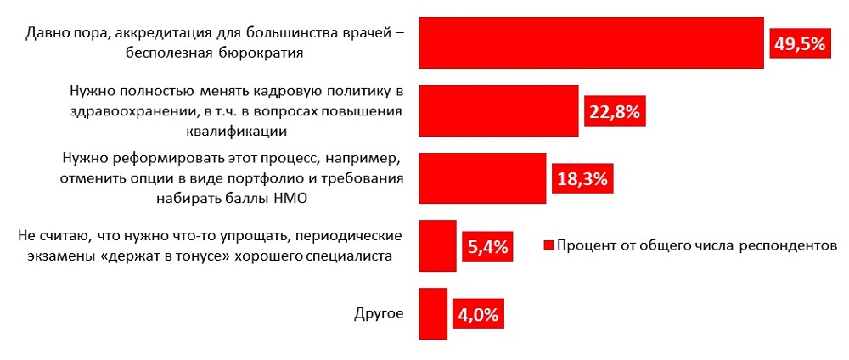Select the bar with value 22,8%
pyautogui.click(x=499, y=110)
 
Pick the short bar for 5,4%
pyautogui.click(x=438, y=245)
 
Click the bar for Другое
pyautogui.click(x=434, y=313)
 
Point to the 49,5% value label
pyautogui.click(x=799, y=43)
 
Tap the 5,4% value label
pyautogui.click(x=488, y=247)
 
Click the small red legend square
pyautogui.click(x=548, y=246)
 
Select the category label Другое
pyautogui.click(x=378, y=312)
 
